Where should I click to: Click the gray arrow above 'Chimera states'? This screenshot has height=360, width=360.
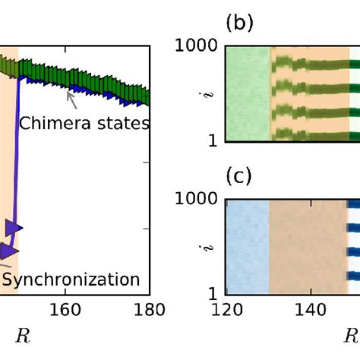[71, 96]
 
